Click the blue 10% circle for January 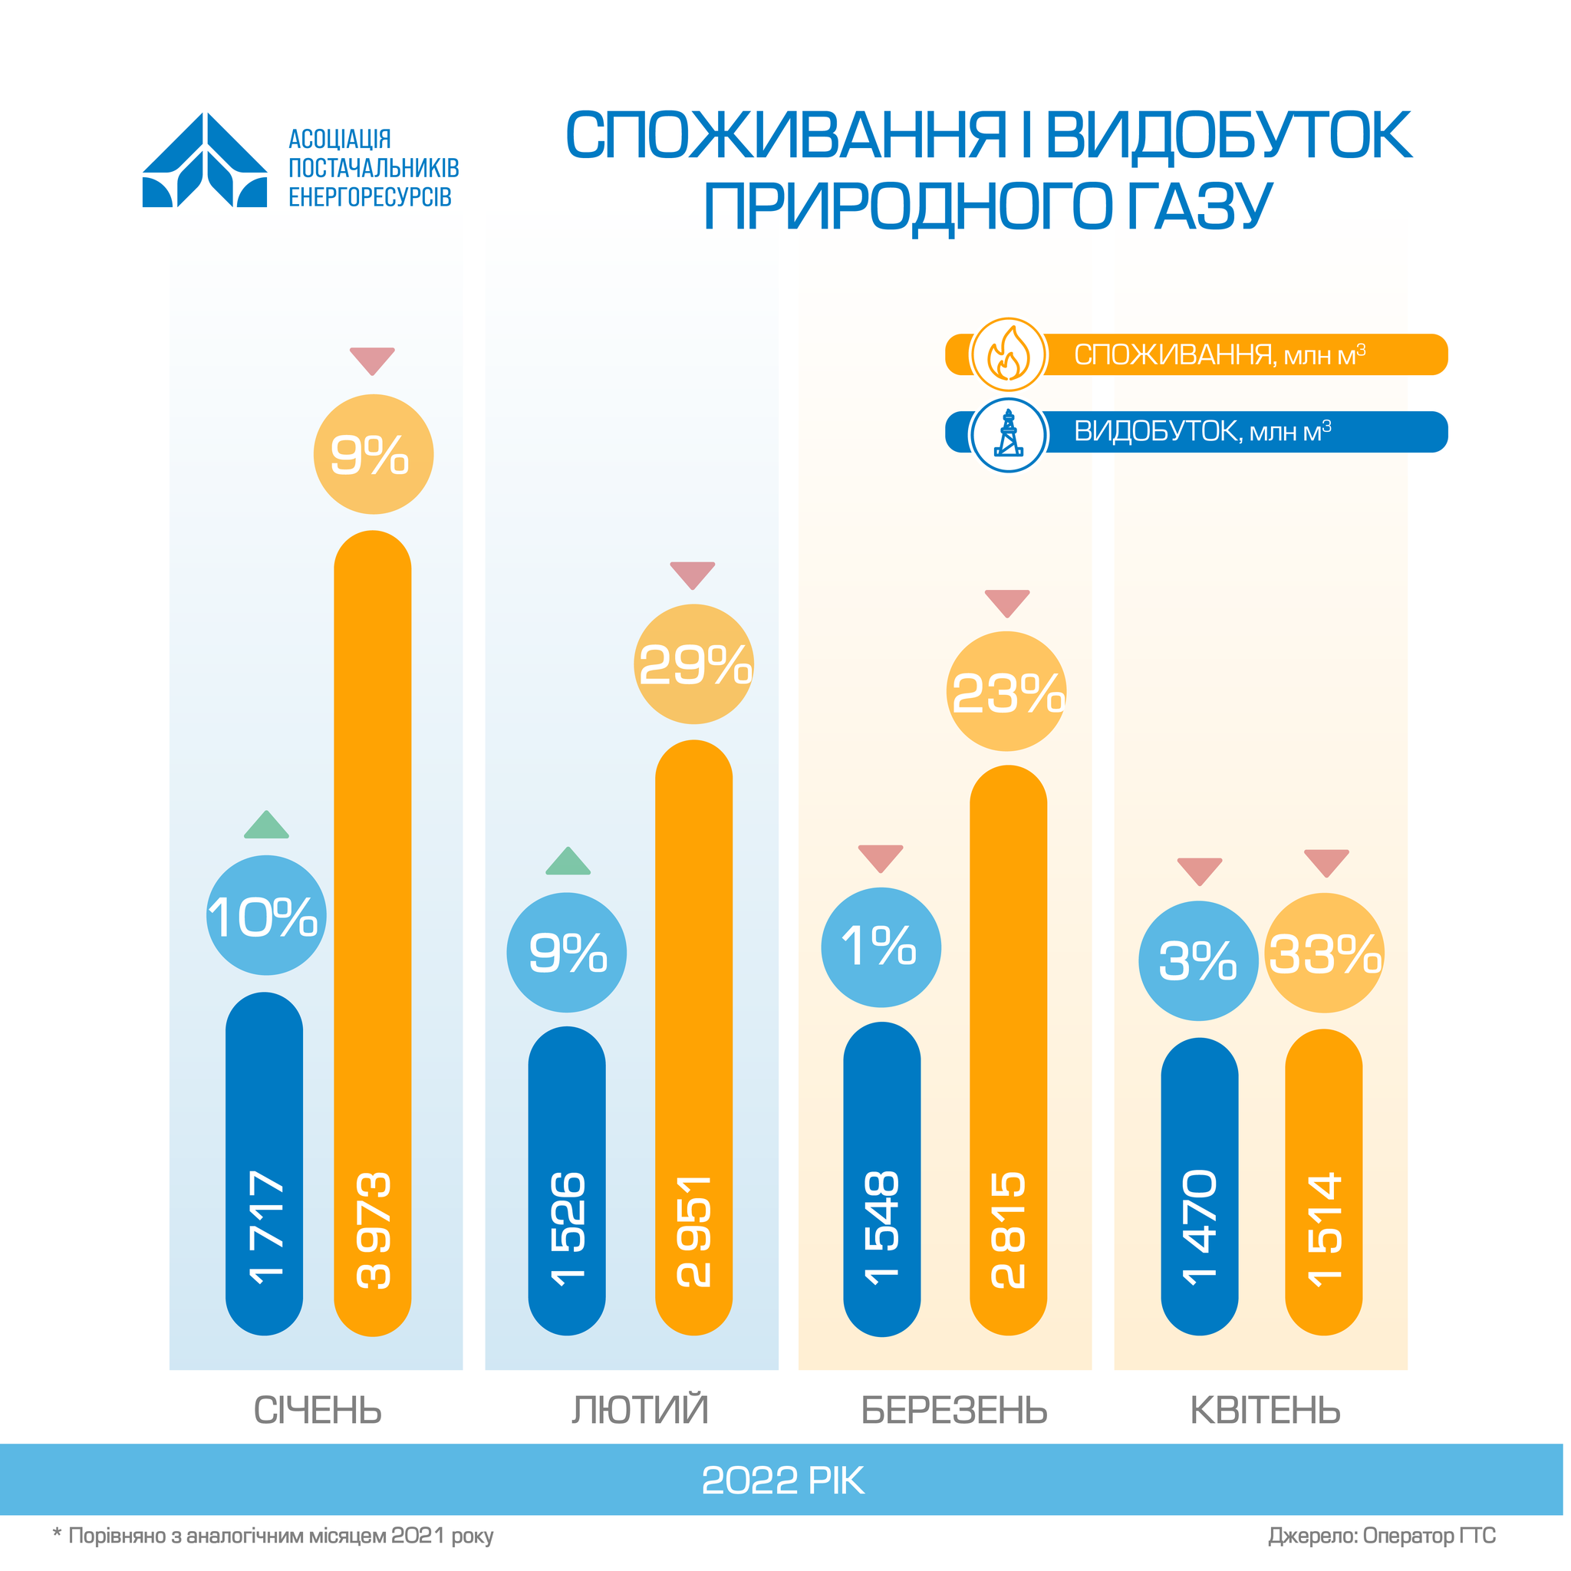pos(266,916)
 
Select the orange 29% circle pos(693,664)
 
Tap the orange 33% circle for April pos(1325,953)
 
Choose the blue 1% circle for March pos(881,947)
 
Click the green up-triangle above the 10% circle pos(266,826)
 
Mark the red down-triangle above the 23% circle pos(1006,602)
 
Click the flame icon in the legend pos(1008,354)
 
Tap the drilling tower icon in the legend pos(1008,433)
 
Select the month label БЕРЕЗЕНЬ pos(953,1411)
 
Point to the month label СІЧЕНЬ pos(317,1411)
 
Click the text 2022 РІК pos(782,1480)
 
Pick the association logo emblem pos(205,160)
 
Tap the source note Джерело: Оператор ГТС pos(1382,1536)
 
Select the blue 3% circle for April pos(1197,961)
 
